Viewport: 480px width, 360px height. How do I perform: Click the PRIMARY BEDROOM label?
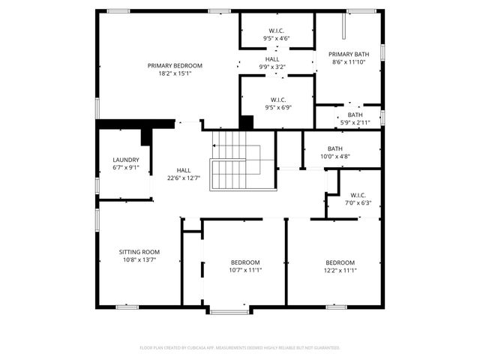coord(175,66)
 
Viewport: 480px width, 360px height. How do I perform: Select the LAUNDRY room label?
coord(125,160)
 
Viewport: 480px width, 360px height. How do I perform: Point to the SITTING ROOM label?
coord(139,252)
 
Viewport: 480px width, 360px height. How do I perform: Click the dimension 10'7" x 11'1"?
coord(245,270)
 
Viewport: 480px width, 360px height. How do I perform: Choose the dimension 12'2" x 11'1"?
coord(340,270)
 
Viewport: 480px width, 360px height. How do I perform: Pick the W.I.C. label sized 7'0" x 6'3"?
coord(357,195)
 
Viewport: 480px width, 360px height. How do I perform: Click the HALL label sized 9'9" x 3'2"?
coord(271,59)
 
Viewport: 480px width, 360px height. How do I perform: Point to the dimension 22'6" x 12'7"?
coord(183,178)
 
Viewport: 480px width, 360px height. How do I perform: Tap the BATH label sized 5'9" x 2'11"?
coord(355,115)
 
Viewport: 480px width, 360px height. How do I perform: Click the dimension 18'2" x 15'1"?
coord(175,73)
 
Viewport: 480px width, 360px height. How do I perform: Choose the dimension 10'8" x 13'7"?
coord(139,260)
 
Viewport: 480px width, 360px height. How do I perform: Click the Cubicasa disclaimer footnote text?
coord(240,347)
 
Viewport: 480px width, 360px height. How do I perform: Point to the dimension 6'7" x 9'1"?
coord(125,168)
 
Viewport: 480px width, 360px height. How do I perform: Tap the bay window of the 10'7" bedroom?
coord(229,310)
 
